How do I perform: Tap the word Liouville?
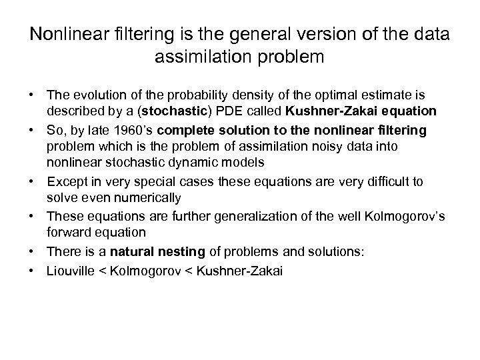point(72,271)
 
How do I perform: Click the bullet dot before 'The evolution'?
point(32,94)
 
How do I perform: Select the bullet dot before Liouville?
point(32,271)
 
